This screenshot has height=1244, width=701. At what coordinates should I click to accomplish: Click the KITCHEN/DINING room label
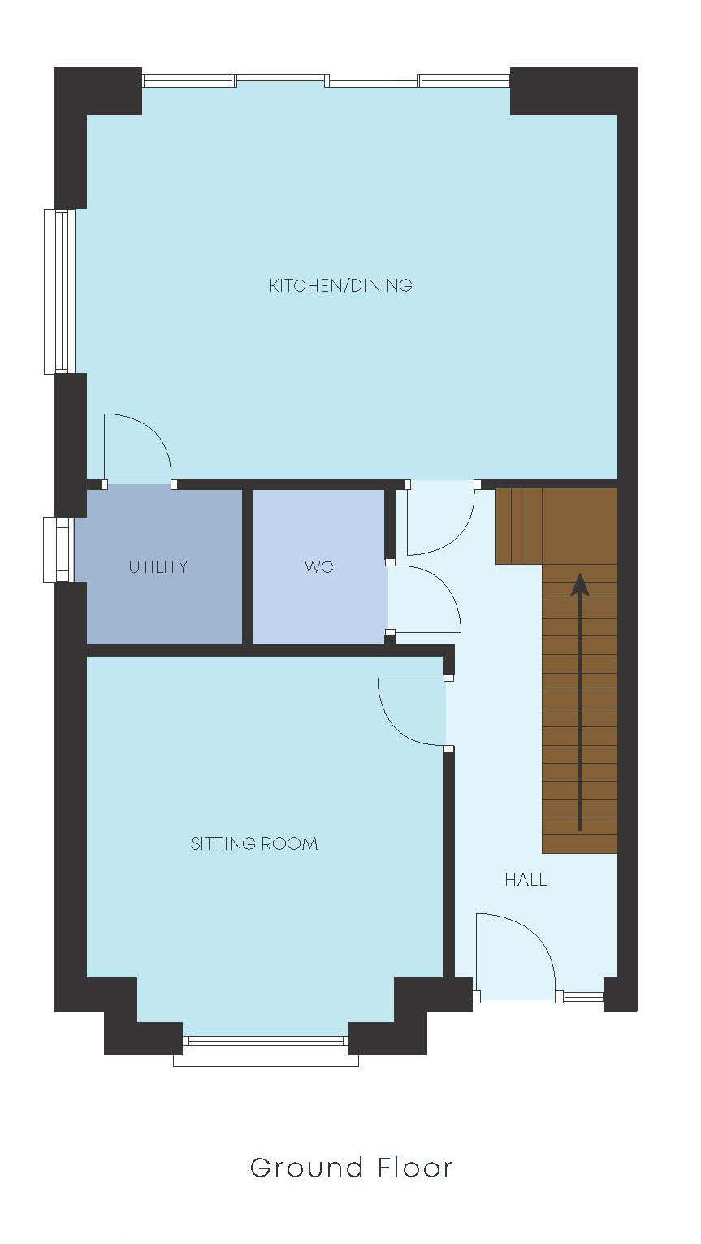[340, 285]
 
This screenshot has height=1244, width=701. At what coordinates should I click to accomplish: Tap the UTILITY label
[158, 567]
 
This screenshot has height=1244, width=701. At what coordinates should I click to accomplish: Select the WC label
[318, 567]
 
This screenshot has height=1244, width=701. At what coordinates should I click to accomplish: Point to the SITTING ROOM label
[253, 844]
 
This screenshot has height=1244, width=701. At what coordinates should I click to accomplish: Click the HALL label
[526, 880]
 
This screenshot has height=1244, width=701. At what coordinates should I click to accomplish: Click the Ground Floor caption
[351, 1168]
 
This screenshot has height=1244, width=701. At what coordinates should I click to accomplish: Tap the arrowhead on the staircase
[580, 584]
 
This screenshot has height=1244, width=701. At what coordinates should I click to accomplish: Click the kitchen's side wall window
[60, 291]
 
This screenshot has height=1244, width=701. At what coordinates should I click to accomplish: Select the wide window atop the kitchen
[326, 80]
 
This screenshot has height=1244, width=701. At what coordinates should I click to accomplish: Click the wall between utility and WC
[248, 566]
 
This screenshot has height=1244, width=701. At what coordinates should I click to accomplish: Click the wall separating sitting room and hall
[448, 861]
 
